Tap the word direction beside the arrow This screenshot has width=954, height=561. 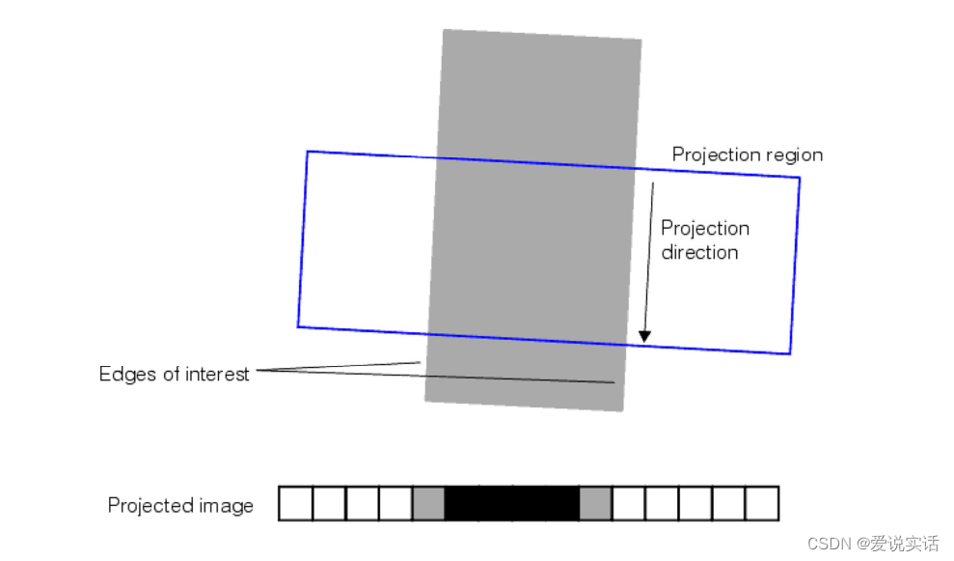click(699, 253)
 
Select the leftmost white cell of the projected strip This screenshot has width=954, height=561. click(295, 504)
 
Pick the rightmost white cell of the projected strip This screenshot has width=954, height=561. click(762, 504)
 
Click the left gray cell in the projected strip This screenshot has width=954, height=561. click(428, 504)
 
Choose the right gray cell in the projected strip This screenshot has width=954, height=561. click(595, 504)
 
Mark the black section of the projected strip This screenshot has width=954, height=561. click(511, 504)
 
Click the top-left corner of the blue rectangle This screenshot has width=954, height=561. click(308, 152)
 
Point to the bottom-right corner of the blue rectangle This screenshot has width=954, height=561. click(790, 353)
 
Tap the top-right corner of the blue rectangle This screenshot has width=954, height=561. click(800, 179)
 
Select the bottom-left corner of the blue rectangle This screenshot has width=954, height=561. click(298, 326)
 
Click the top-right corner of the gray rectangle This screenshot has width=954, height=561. click(641, 40)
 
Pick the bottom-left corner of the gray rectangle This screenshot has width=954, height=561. click(425, 399)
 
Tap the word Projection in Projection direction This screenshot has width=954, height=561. click(705, 229)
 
